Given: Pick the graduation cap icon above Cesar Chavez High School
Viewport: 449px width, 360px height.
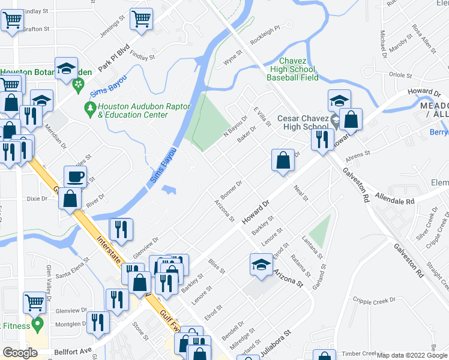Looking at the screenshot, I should (339, 100).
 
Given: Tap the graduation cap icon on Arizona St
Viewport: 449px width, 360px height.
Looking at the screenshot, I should (261, 265).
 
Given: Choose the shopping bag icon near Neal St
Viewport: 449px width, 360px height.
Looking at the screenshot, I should (283, 160).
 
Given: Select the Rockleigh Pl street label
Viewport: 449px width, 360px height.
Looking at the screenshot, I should (265, 29).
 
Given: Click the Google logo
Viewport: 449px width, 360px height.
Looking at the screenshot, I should (20, 353).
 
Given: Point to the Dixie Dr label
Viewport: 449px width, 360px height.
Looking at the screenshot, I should (37, 198).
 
